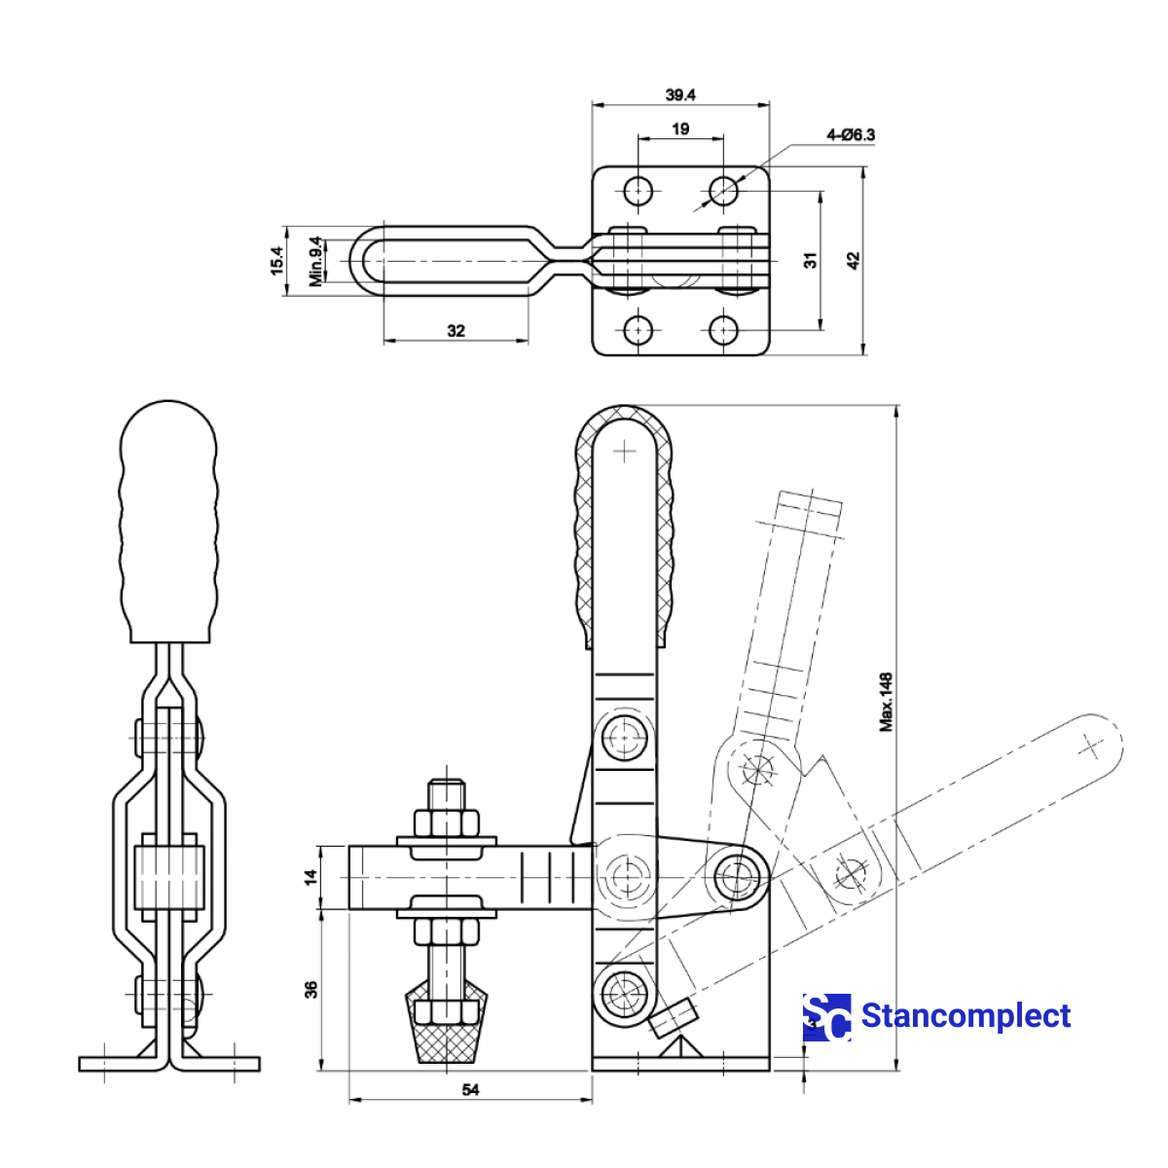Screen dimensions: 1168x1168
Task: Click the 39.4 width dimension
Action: [x=680, y=94]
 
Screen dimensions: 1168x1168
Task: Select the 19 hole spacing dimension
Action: [x=680, y=128]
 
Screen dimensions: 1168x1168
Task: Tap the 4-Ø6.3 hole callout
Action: [x=850, y=135]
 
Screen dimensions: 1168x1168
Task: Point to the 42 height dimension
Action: [x=854, y=261]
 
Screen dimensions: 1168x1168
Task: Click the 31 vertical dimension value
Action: [x=811, y=260]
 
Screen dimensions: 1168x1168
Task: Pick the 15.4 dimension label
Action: [x=276, y=261]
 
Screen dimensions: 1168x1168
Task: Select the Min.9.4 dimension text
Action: [x=316, y=261]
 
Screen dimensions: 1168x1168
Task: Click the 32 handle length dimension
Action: [x=456, y=331]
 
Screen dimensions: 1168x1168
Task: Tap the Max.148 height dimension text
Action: [x=886, y=701]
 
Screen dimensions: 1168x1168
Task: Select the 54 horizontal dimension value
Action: [x=470, y=1090]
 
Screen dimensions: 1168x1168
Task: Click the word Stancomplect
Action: [x=966, y=1016]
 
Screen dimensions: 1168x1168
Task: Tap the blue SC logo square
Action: [x=826, y=1017]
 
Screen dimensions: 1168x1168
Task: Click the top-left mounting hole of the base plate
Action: [x=639, y=190]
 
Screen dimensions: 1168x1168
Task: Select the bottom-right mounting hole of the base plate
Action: [x=722, y=331]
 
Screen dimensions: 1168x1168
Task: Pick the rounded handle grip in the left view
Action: [x=168, y=521]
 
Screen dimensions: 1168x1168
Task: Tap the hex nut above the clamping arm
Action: [x=447, y=823]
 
